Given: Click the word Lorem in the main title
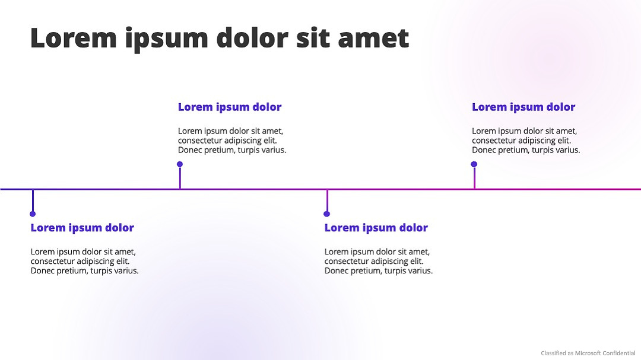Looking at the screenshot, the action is [74, 37].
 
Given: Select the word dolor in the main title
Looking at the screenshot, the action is [252, 37].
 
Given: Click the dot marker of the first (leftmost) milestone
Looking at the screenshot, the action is [33, 214].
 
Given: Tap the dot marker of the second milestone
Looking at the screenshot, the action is [180, 164].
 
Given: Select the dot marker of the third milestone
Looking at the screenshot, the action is [326, 214].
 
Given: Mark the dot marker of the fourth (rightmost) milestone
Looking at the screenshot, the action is [474, 164].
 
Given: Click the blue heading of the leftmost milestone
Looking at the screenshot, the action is [82, 228].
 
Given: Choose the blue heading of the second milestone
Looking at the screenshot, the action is [230, 107].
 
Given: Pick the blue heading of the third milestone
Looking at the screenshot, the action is [376, 228].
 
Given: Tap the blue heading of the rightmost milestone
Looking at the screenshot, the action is [523, 107].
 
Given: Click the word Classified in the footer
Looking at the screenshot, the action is [551, 353].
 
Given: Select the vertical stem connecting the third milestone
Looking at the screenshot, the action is [327, 200].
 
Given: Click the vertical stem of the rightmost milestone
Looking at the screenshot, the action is [474, 177].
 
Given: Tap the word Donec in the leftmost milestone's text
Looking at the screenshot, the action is [42, 270].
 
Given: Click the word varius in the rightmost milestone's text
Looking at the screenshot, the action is [567, 150].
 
